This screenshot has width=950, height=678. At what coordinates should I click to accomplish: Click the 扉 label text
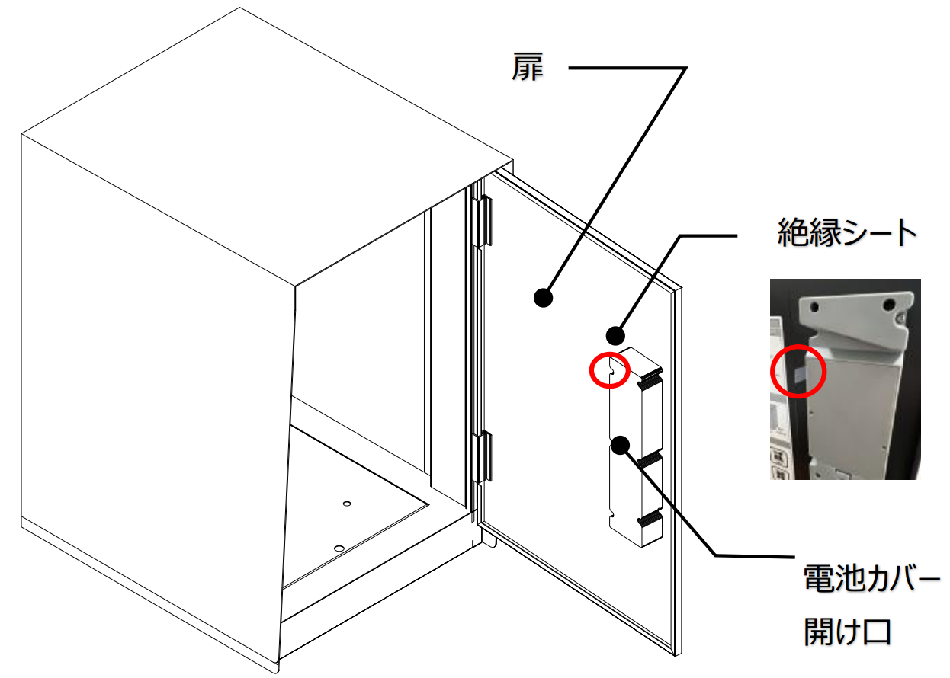pos(527,67)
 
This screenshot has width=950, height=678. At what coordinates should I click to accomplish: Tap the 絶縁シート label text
pos(846,232)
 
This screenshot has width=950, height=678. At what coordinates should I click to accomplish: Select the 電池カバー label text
pos(871,577)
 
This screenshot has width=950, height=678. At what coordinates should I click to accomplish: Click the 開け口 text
pos(847,632)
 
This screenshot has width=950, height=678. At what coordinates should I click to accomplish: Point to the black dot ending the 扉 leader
pos(543,297)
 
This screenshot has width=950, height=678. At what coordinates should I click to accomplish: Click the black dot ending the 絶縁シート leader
pos(615,336)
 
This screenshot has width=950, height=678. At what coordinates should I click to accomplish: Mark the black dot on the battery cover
pos(621,445)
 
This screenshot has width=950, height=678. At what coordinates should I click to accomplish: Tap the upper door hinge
pos(483,221)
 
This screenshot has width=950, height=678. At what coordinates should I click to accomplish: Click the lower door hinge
pos(483,457)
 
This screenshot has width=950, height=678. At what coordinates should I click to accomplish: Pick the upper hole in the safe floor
pos(347,504)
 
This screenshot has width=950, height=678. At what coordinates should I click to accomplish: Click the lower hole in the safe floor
pos(339,548)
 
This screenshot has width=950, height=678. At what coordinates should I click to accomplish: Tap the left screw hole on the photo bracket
pos(814,306)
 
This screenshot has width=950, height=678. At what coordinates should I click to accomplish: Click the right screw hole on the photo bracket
pos(889,304)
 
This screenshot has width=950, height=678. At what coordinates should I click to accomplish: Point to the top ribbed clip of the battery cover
pos(649,378)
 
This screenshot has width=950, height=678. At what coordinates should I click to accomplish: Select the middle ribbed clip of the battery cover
pos(649,458)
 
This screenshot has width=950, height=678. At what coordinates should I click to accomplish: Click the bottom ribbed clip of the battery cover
pos(649,517)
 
